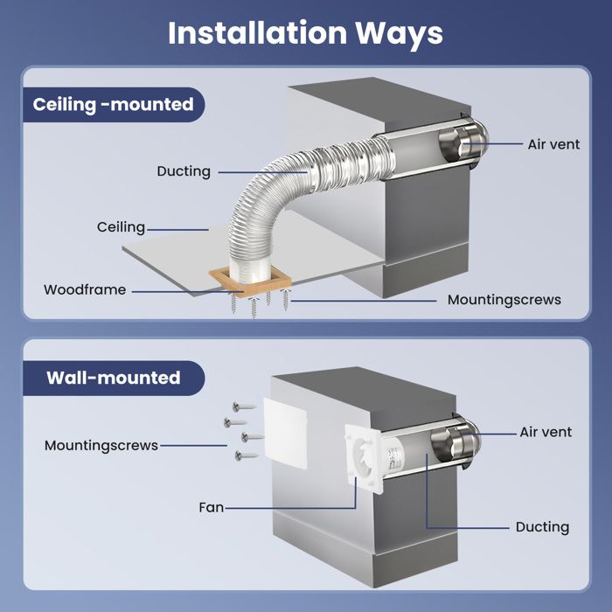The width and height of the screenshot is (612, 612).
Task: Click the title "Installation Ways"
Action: coord(305,32)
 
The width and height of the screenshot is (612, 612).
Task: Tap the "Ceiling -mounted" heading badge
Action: coord(114,105)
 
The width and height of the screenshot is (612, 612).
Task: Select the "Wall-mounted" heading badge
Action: coord(114,378)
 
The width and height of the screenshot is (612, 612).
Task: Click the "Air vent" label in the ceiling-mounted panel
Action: coord(553,144)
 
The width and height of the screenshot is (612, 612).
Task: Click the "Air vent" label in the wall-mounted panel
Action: coord(546,432)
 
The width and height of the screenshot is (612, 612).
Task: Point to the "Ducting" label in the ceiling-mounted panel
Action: coord(184,171)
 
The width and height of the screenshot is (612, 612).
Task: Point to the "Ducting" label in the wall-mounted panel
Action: coord(542,527)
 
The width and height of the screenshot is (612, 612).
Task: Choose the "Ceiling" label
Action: coord(121,227)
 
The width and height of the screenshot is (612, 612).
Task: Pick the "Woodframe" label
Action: coord(85,289)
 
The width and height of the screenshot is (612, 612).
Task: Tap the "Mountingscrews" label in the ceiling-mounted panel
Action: coord(504,299)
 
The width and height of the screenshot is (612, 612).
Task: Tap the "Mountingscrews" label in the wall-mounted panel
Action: coord(101,446)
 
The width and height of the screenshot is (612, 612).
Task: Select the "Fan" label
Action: coord(211,507)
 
